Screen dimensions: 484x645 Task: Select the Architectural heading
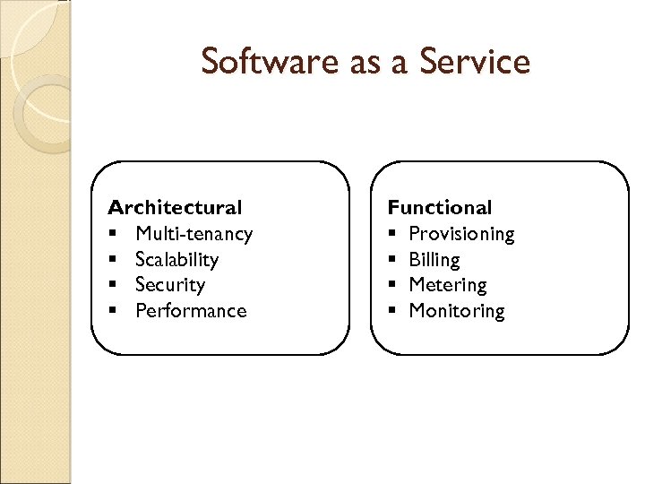(175, 208)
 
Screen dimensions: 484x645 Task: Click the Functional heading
(440, 208)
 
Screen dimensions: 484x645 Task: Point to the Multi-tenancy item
(194, 234)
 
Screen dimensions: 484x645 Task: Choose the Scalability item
(177, 260)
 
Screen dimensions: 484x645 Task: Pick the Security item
(170, 285)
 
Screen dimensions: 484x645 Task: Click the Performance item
(191, 311)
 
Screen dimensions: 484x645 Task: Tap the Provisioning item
(462, 234)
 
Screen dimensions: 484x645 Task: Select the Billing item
(434, 260)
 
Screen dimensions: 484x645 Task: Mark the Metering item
(448, 285)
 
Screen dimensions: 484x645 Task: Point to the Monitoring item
(457, 311)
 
